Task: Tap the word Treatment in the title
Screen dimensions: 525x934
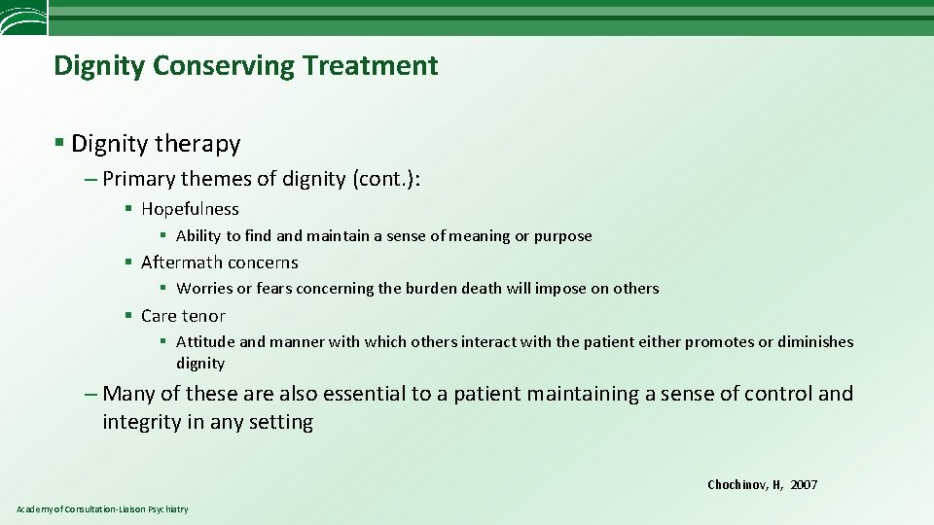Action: (370, 66)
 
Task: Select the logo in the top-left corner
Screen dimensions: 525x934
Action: (23, 17)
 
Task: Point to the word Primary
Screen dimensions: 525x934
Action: (136, 179)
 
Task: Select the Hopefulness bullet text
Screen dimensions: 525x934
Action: (190, 209)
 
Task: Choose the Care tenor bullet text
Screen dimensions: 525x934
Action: (183, 316)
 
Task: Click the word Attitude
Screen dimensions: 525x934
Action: (205, 342)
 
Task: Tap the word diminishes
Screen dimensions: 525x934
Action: (817, 342)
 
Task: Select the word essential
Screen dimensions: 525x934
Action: (376, 394)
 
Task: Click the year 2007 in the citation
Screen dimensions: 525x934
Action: (804, 485)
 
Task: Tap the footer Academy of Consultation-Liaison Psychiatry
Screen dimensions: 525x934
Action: (102, 509)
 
